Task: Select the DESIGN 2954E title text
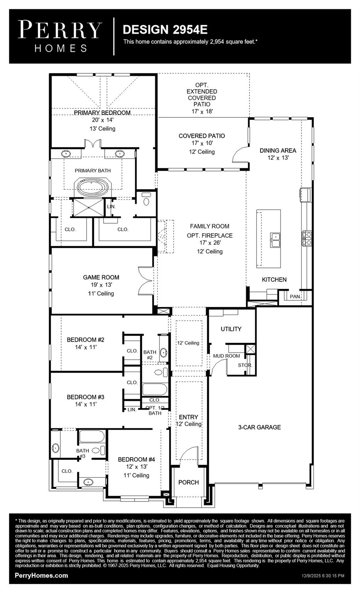click(x=165, y=29)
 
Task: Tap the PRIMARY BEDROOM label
click(x=102, y=113)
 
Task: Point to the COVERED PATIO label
click(x=202, y=136)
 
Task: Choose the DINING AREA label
click(x=278, y=151)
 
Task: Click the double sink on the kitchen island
click(x=275, y=240)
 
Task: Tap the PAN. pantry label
click(x=295, y=296)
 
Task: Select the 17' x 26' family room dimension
click(x=210, y=243)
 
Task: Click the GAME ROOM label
click(x=101, y=277)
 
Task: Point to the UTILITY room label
click(x=231, y=329)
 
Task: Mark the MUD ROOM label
click(x=226, y=356)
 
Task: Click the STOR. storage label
click(x=245, y=365)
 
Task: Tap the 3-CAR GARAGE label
click(x=259, y=427)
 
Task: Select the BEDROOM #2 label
click(x=85, y=340)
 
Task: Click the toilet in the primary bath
click(x=146, y=200)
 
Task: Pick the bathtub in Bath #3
click(x=92, y=437)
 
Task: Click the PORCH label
click(x=188, y=482)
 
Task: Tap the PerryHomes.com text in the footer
click(x=41, y=576)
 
